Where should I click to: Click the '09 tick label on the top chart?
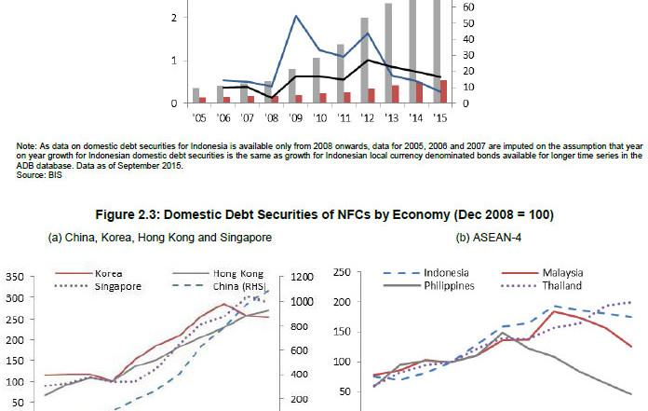coord(295,119)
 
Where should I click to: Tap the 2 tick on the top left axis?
coord(174,18)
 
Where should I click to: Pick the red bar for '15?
coord(443,91)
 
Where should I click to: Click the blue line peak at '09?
coord(296,16)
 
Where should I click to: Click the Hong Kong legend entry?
coord(213,273)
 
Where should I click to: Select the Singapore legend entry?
coord(119,285)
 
